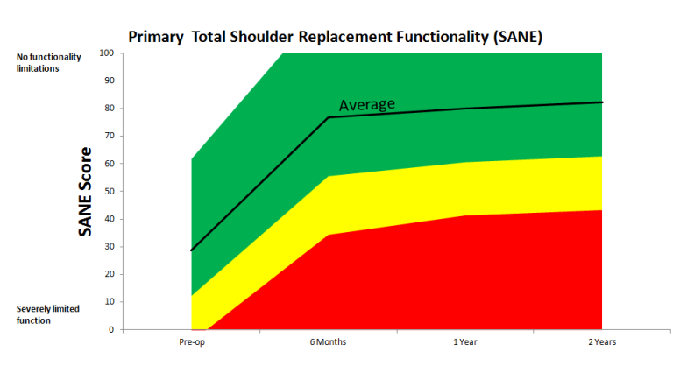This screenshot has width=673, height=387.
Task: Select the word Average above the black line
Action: click(x=367, y=104)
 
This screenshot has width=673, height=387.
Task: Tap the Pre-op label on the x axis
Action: click(x=191, y=342)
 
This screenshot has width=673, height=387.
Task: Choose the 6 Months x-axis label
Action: click(x=329, y=342)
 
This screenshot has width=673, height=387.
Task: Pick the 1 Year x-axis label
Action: click(x=465, y=342)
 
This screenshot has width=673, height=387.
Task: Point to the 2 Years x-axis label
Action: click(x=602, y=342)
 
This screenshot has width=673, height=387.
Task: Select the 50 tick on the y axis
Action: click(x=110, y=191)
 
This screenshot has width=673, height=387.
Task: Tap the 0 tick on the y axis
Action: click(x=112, y=330)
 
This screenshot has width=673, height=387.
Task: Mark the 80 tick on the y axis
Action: click(x=110, y=108)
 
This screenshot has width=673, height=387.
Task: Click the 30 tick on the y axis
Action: click(x=110, y=247)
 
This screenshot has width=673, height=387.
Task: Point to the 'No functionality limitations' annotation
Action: click(x=48, y=62)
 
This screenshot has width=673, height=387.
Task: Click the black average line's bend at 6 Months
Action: click(x=329, y=117)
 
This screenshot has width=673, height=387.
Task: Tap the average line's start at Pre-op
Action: click(x=192, y=250)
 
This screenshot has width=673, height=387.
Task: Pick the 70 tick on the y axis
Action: click(x=110, y=136)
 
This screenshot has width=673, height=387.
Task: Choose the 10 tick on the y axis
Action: click(x=110, y=302)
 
